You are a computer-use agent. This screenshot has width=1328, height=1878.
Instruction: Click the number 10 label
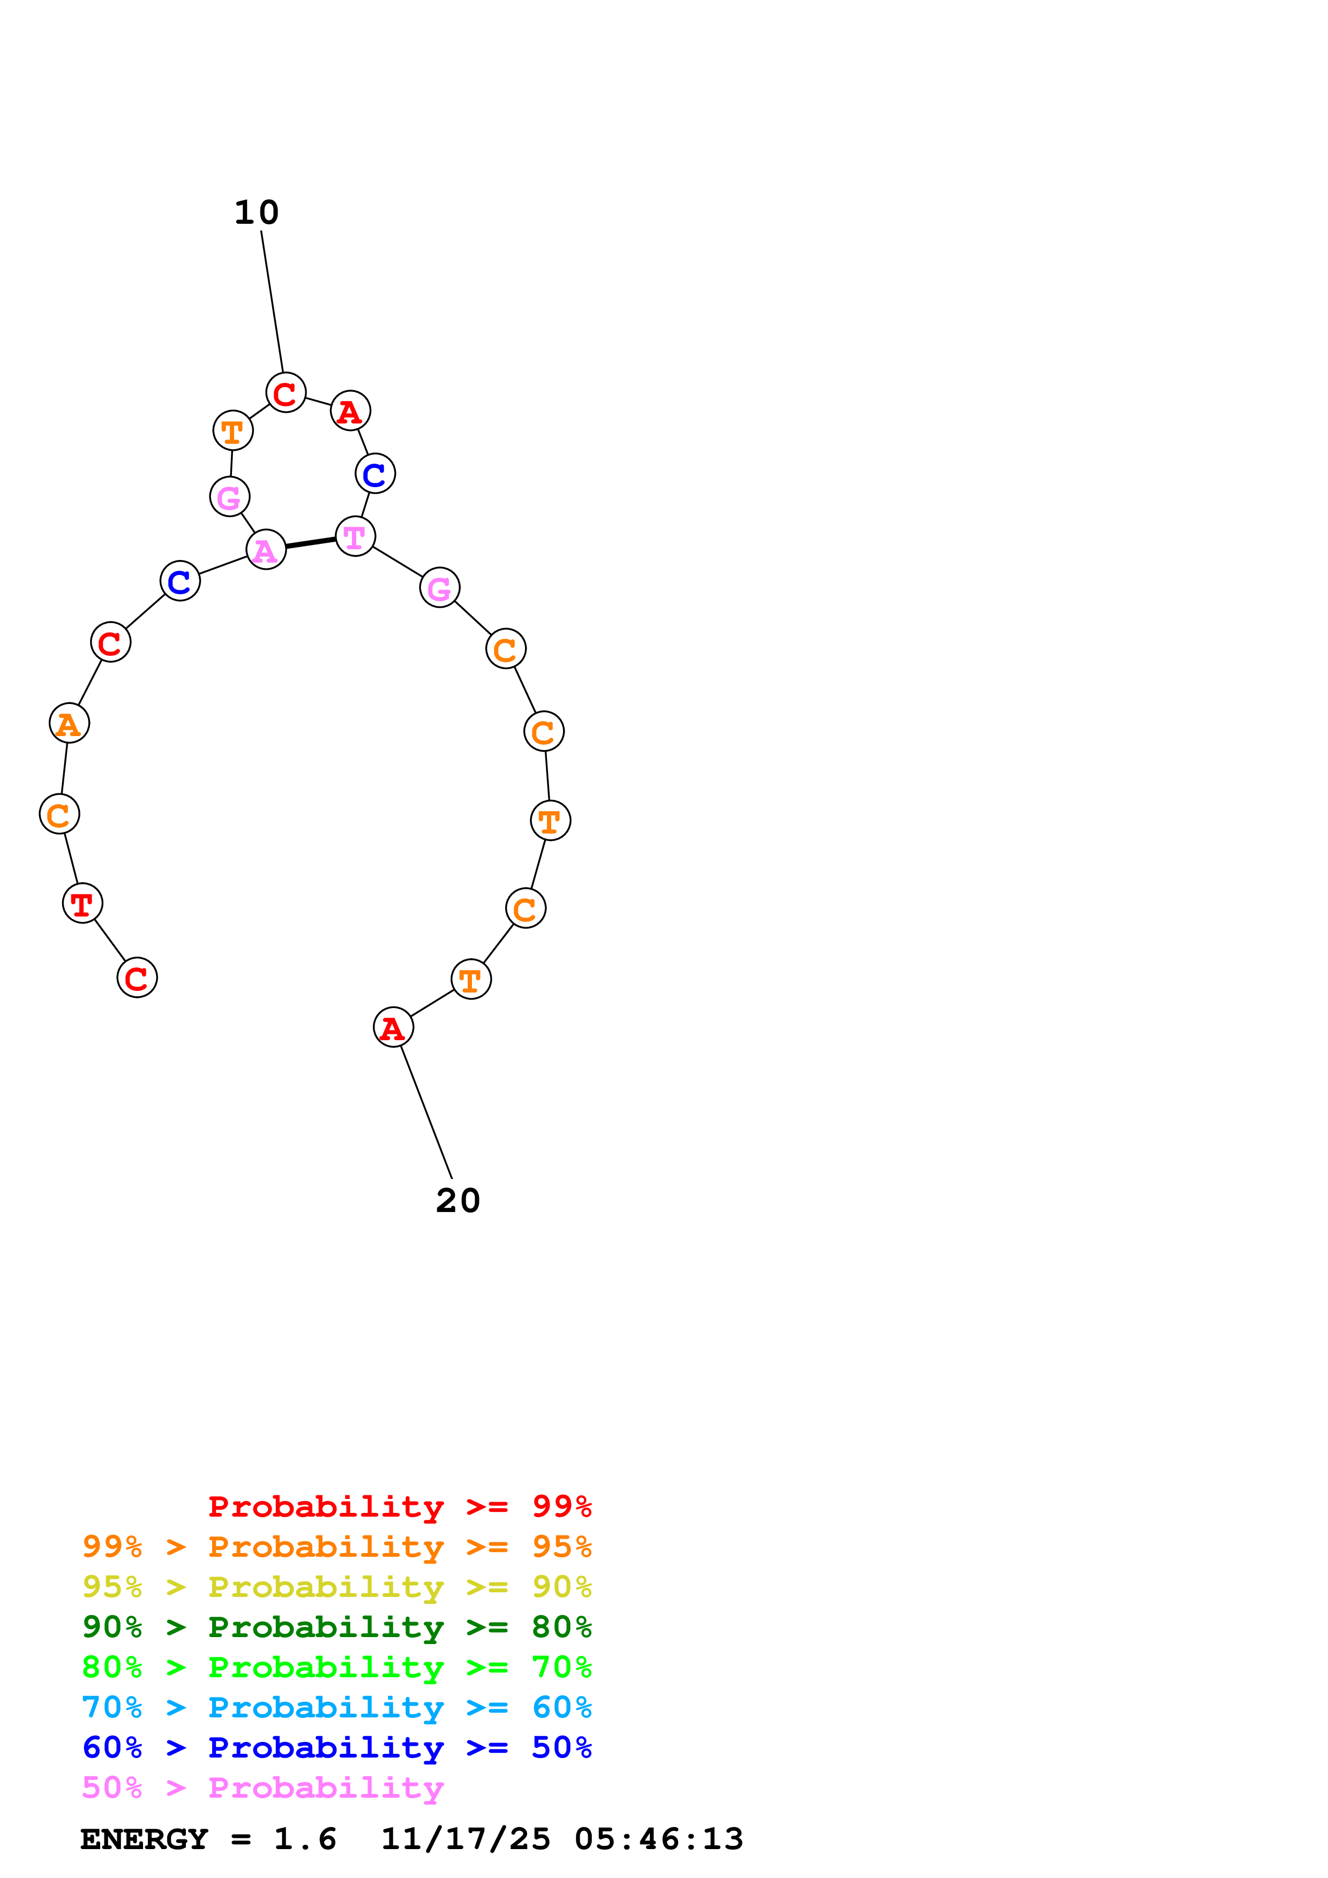[x=256, y=213]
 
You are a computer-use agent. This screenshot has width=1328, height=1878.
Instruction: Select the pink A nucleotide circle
[x=266, y=550]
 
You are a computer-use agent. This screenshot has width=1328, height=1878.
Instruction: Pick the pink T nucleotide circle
[x=355, y=536]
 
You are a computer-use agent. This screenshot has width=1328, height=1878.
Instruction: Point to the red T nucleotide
[x=82, y=903]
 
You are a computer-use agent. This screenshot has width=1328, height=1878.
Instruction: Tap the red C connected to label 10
[x=286, y=392]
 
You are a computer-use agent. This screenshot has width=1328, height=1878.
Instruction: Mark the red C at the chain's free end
[x=137, y=978]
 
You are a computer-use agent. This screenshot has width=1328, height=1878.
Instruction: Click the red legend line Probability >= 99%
[x=399, y=1506]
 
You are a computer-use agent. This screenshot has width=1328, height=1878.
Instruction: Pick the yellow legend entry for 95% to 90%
[x=336, y=1587]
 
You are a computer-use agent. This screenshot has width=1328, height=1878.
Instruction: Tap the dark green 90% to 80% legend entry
[x=336, y=1627]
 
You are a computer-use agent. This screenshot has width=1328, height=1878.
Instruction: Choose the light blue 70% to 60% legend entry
[x=336, y=1707]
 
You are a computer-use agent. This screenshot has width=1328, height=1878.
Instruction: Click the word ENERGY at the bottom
[x=144, y=1839]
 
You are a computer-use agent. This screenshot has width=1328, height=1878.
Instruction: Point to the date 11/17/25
[x=466, y=1839]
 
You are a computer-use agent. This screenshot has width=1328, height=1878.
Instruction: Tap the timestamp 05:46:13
[x=659, y=1839]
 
